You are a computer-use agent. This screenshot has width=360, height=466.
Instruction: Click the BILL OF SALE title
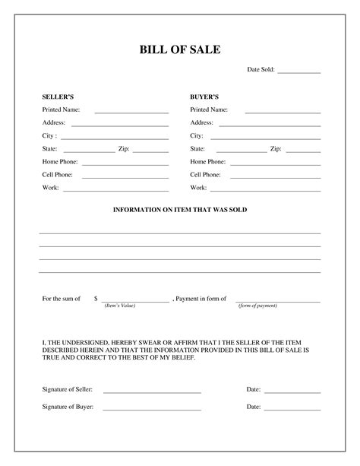(x=179, y=50)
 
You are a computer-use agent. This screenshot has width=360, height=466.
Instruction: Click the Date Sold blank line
(x=298, y=72)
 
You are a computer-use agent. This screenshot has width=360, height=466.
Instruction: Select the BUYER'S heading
(x=204, y=97)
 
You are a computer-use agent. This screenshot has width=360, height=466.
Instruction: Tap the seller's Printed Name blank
(x=131, y=112)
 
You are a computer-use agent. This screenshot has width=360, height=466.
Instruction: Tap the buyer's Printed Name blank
(x=283, y=112)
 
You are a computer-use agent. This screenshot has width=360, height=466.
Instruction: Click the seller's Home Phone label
(x=58, y=162)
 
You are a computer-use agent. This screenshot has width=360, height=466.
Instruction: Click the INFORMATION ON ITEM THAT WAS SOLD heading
(x=180, y=209)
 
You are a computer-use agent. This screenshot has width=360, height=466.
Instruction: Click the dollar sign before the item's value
(x=96, y=299)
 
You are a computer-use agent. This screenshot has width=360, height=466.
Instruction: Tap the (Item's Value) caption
(x=119, y=306)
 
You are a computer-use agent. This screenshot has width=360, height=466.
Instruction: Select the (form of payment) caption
(x=257, y=306)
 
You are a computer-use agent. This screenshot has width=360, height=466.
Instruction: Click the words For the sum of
(x=61, y=299)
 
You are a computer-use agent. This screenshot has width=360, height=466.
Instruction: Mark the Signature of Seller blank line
(x=152, y=392)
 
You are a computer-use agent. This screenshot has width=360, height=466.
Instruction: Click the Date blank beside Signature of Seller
(x=292, y=392)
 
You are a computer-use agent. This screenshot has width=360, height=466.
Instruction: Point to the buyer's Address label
(x=201, y=122)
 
